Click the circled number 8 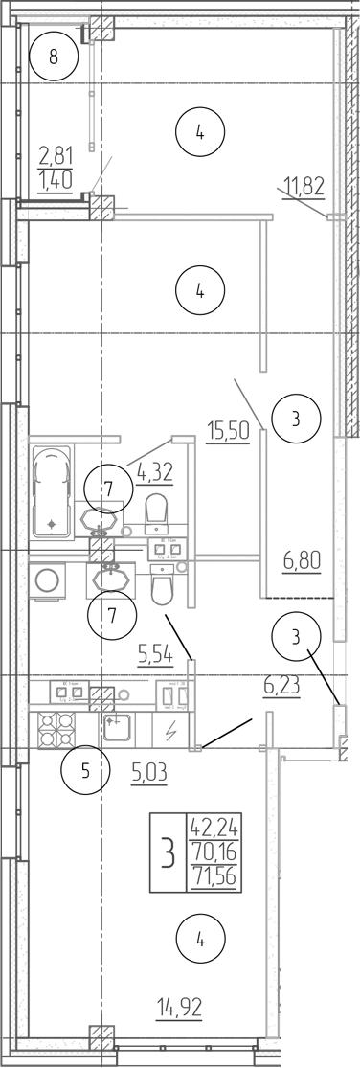pos(54,56)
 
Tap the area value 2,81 pos(56,154)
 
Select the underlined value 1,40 pos(56,178)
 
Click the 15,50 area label pos(228,431)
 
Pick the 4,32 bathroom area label pos(154,470)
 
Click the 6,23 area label pos(281,686)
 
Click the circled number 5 pos(84,772)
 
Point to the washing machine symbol pos(46,579)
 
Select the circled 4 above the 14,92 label pos(199,940)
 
